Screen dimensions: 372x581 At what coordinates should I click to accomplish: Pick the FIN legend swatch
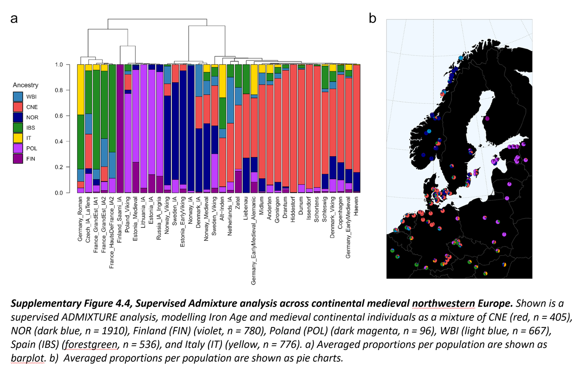[x=18, y=159]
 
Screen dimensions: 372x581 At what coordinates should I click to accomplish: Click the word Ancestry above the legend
[x=26, y=86]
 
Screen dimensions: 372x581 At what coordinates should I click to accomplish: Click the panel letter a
[x=14, y=19]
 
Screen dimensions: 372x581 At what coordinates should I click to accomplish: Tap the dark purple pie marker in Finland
[x=486, y=118]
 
